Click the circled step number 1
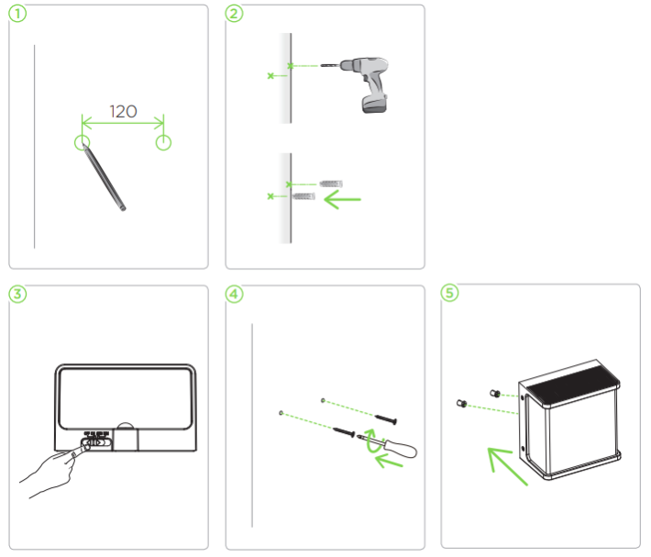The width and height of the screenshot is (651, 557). (x=17, y=14)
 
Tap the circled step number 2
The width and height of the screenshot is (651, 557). (x=234, y=14)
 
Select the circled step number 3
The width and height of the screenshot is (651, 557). (x=17, y=294)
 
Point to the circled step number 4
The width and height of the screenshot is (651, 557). (x=234, y=294)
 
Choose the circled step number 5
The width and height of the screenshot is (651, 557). (x=449, y=293)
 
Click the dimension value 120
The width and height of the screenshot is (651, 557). (x=123, y=111)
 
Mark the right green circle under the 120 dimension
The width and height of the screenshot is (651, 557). (x=163, y=142)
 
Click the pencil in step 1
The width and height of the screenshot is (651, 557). (x=104, y=177)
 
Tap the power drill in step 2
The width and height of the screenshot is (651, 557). (x=356, y=84)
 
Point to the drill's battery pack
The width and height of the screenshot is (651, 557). (x=374, y=104)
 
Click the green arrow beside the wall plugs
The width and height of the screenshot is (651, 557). (x=343, y=199)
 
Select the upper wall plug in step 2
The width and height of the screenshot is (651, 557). (x=331, y=184)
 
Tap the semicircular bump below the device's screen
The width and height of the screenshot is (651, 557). (x=126, y=426)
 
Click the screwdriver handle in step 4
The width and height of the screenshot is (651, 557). (x=401, y=449)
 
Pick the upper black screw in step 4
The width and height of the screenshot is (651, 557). (x=386, y=419)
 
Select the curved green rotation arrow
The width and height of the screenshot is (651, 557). (x=370, y=440)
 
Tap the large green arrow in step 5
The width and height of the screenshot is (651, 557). (x=507, y=466)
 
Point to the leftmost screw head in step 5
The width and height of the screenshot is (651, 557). (x=462, y=404)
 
